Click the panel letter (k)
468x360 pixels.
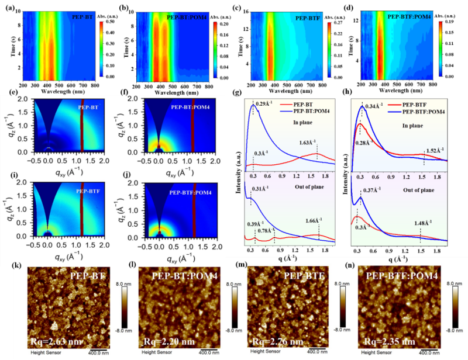(x=18, y=267)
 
